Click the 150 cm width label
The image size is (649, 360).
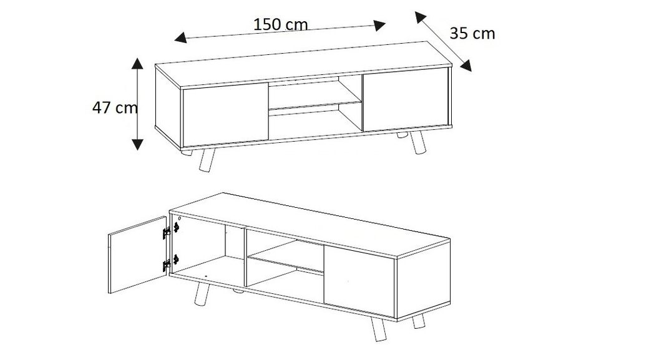pos(280,24)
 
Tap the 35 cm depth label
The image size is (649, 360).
pos(472,33)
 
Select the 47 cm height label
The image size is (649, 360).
pos(115,107)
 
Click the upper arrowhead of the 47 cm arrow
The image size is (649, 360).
pos(137,62)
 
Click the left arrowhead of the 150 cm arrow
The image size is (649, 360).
pos(180,39)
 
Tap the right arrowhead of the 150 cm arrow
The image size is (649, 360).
pos(379,25)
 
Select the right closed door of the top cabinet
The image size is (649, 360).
pos(405,100)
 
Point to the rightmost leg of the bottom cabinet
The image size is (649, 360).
pos(417,321)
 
